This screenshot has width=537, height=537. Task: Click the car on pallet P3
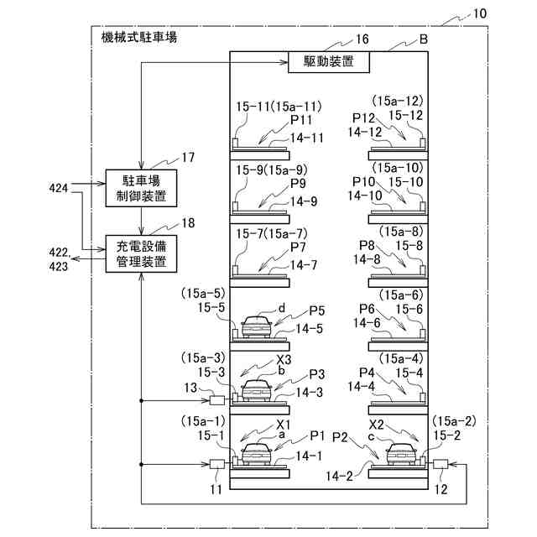[256, 389]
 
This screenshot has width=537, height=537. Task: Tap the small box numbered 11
[218, 464]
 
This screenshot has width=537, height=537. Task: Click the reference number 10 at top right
[479, 14]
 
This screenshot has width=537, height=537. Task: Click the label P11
[300, 120]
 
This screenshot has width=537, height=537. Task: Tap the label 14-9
[303, 201]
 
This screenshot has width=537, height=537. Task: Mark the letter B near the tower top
[424, 39]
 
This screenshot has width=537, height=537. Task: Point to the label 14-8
[368, 259]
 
